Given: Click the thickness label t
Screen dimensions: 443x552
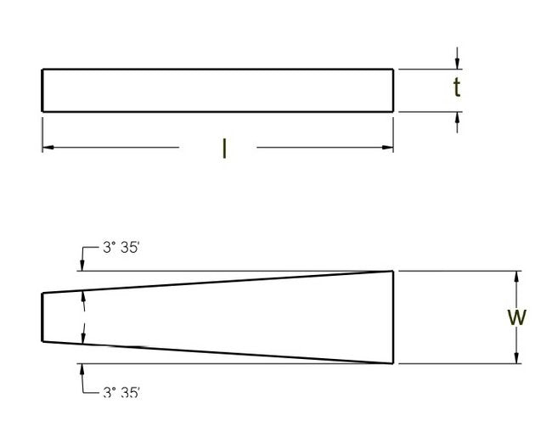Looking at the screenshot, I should click(x=456, y=88).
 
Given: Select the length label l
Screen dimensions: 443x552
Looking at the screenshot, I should click(x=223, y=149).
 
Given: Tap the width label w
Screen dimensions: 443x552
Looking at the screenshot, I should click(x=516, y=317).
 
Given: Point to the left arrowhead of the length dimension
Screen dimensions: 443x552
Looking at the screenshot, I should click(x=48, y=148).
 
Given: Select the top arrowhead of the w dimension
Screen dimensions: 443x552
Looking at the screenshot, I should click(x=516, y=276).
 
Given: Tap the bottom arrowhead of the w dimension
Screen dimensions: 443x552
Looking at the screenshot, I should click(x=516, y=358).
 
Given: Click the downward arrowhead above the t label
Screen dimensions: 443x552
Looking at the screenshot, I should click(x=458, y=64).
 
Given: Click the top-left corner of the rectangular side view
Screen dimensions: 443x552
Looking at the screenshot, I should click(x=42, y=69).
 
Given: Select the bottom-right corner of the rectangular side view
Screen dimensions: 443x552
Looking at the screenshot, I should click(x=393, y=111).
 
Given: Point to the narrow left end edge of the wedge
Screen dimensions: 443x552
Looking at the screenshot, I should click(x=42, y=317).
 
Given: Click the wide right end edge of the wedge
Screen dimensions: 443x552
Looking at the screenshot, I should click(x=393, y=317).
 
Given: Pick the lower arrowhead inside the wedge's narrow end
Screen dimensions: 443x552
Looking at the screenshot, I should click(x=82, y=339).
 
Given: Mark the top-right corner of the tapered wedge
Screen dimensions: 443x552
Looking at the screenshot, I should click(x=393, y=272).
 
